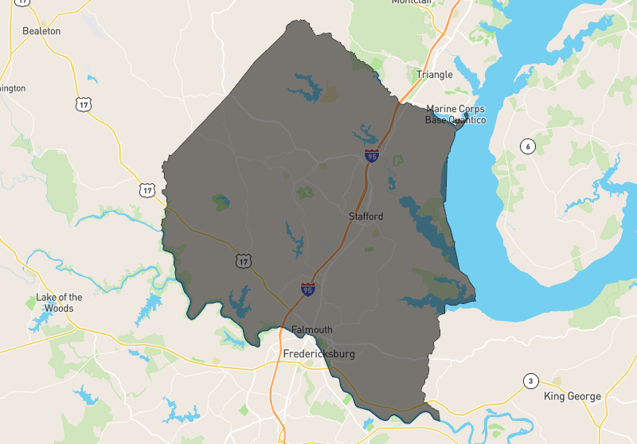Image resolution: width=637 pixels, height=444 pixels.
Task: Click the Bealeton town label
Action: pyautogui.click(x=41, y=31)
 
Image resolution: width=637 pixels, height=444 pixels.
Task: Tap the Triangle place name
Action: pyautogui.click(x=435, y=75)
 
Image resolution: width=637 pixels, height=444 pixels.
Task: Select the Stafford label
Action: pyautogui.click(x=365, y=216)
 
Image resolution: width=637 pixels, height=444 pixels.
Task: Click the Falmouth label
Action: pyautogui.click(x=312, y=330)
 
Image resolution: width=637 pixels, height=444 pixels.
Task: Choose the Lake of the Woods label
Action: pyautogui.click(x=59, y=303)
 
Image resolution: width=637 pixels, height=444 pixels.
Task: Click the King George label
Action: pyautogui.click(x=572, y=396)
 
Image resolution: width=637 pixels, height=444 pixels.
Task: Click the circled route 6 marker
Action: pyautogui.click(x=526, y=146)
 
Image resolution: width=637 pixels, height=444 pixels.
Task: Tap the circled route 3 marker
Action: pyautogui.click(x=530, y=381)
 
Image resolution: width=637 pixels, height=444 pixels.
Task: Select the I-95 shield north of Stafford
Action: pyautogui.click(x=372, y=156)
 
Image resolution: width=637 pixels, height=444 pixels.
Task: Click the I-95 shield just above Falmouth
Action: pyautogui.click(x=307, y=289)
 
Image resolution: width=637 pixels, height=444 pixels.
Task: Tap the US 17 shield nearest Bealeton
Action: pyautogui.click(x=83, y=103)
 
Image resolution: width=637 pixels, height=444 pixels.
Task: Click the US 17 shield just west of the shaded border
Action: pyautogui.click(x=146, y=189)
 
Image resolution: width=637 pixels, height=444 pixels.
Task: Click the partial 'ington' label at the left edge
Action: pyautogui.click(x=14, y=88)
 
